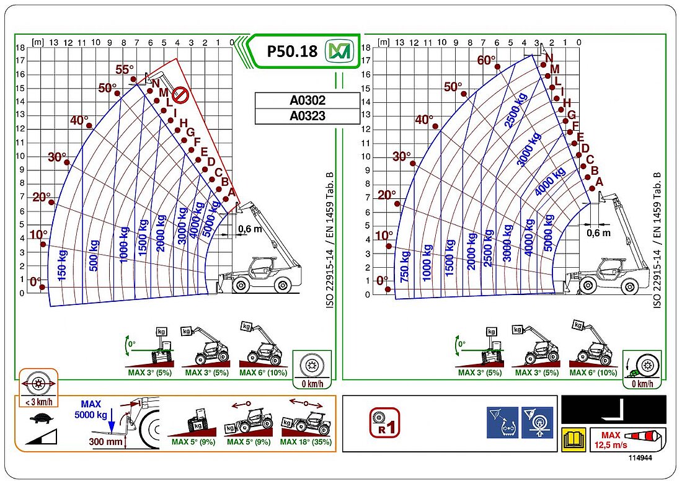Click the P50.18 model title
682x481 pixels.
(x=291, y=51)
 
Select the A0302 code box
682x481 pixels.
(x=308, y=100)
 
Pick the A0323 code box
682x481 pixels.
(x=308, y=116)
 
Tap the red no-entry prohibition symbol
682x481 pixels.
(x=180, y=95)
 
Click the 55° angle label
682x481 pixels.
(x=125, y=69)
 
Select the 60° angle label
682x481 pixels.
(x=487, y=60)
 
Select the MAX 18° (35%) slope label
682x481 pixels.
(x=305, y=442)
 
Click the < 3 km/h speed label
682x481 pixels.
(x=38, y=402)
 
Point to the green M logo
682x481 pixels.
(x=339, y=51)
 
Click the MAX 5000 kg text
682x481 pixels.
(x=91, y=409)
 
